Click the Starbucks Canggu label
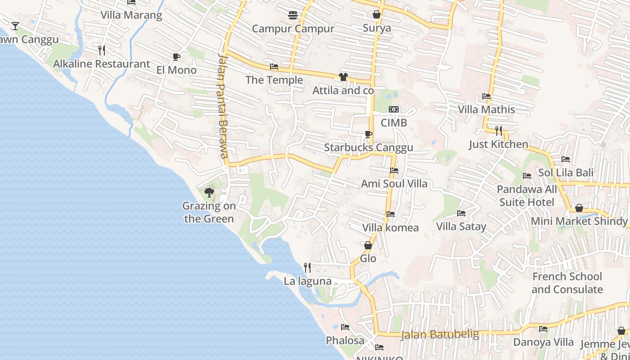tap(369, 148)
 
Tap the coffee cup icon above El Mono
tap(176, 57)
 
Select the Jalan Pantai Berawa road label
tap(222, 106)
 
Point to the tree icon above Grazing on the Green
tap(209, 193)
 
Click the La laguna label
tap(307, 281)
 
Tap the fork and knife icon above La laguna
tap(307, 268)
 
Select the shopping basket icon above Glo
tap(368, 245)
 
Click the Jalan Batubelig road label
tap(440, 334)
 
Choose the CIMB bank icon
tap(394, 109)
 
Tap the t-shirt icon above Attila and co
tap(343, 77)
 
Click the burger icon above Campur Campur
tap(293, 15)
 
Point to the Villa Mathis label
tap(486, 109)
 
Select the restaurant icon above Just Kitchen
tap(499, 131)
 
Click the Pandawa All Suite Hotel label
tap(526, 196)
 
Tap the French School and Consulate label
tap(567, 283)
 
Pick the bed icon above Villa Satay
tap(461, 213)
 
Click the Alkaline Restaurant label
tap(101, 64)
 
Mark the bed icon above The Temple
tap(274, 67)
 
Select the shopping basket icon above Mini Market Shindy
tap(579, 208)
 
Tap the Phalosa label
tap(345, 341)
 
